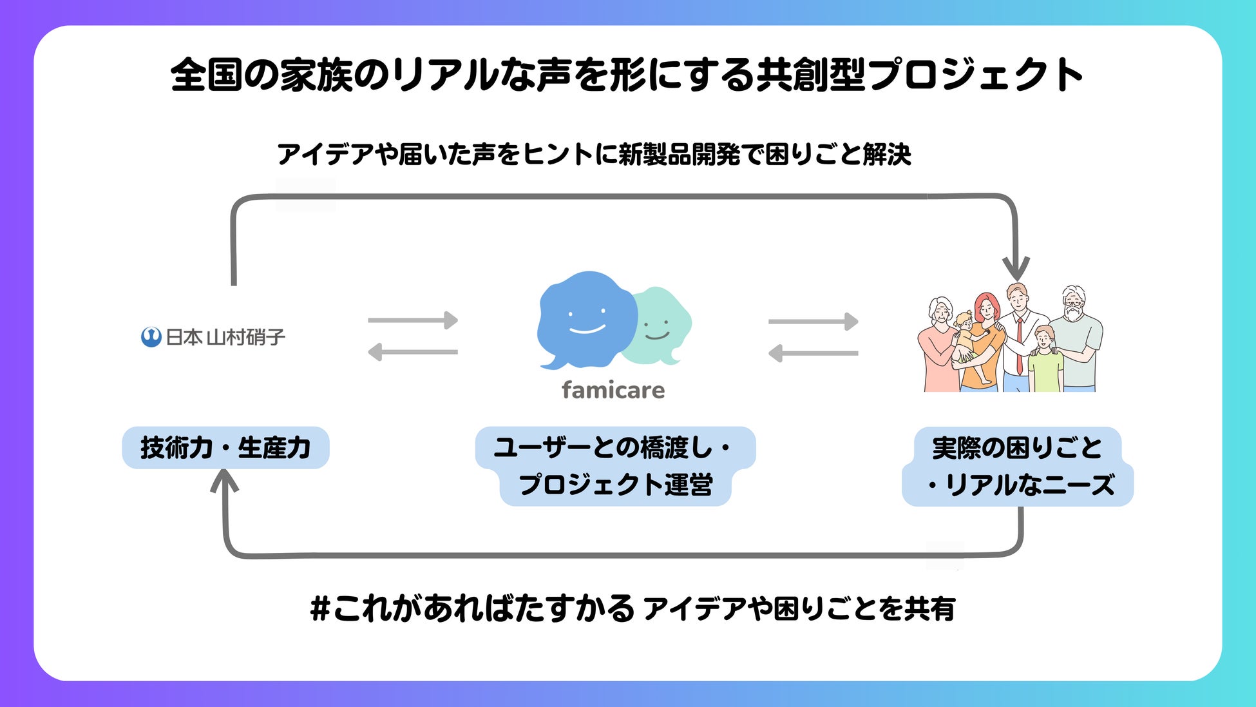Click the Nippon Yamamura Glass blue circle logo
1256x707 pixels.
pos(151,337)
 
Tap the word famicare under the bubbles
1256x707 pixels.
pos(613,390)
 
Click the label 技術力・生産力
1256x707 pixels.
pos(225,447)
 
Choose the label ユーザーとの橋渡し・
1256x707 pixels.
pos(613,447)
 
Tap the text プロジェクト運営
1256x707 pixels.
pos(615,485)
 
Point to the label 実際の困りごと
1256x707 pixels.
pos(1018,447)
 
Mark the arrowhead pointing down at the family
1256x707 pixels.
pos(1016,267)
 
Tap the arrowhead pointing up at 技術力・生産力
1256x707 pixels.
pos(225,481)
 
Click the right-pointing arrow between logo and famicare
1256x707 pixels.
pos(413,320)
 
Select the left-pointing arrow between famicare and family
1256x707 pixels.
pos(814,353)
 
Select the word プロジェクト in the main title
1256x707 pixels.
pos(975,75)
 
